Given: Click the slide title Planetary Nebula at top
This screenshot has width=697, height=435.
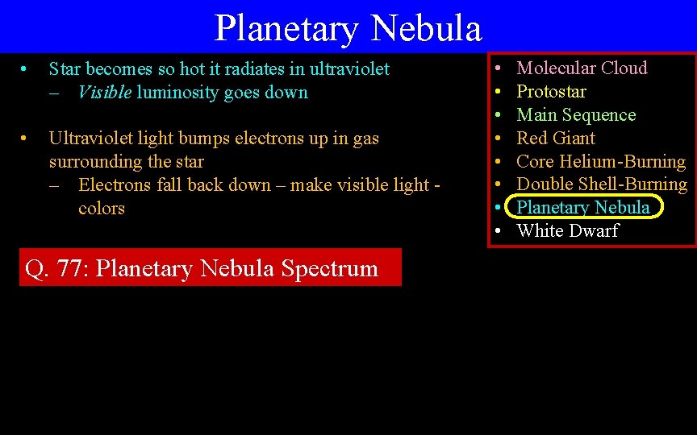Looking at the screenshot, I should click(348, 28).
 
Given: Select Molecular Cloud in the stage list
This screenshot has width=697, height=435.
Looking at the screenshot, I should click(582, 68).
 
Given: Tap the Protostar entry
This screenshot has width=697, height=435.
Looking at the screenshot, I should click(551, 92).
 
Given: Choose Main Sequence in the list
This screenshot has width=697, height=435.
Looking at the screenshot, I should click(576, 115).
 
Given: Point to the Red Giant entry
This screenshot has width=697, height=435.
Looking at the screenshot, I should click(556, 138).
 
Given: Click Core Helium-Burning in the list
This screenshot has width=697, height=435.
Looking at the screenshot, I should click(600, 161).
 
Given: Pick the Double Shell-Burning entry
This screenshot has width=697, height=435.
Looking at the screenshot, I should click(601, 184).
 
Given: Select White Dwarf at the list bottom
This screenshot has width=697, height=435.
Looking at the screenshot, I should click(567, 231).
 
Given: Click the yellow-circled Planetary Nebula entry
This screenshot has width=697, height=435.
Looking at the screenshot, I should click(582, 208).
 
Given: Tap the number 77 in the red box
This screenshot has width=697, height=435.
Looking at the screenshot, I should click(73, 268).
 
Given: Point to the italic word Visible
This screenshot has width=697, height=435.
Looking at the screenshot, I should click(104, 93).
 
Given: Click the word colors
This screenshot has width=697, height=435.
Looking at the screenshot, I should click(102, 209).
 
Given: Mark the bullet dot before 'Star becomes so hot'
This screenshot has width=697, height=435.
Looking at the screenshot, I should click(26, 69).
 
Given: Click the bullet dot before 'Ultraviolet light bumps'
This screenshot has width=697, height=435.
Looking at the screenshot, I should click(26, 139).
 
